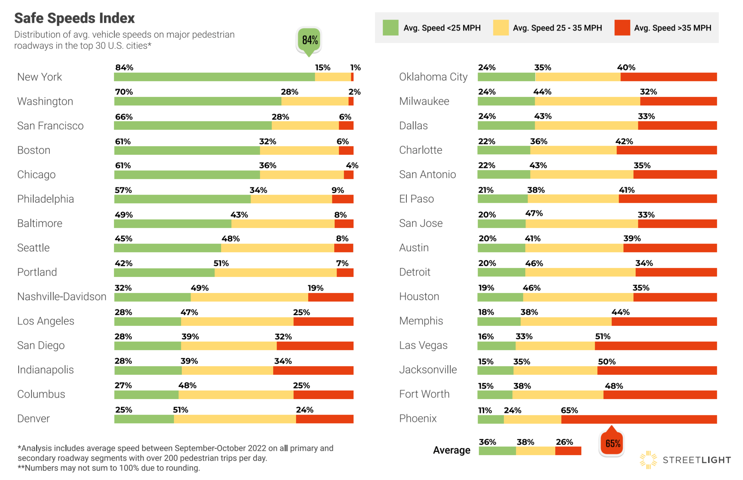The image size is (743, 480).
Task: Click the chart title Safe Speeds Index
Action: point(74,18)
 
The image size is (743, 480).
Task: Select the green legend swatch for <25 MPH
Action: point(390,27)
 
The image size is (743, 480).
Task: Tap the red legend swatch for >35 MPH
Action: point(622,27)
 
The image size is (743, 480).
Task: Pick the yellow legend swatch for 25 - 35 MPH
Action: point(500,27)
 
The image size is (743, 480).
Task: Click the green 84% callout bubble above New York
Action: point(309,40)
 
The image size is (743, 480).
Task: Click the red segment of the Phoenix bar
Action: point(639,419)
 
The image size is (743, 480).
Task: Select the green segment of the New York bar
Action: point(214,77)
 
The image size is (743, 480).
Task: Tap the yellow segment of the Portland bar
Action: point(275,272)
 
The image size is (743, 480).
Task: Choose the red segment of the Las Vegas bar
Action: point(656,345)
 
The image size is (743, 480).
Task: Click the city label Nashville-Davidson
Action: point(62,296)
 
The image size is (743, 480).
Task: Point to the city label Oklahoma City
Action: point(433,77)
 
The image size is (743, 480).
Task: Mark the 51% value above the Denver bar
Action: point(181,410)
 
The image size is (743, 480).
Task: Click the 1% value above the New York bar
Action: point(355,68)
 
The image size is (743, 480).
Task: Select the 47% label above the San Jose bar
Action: point(534,213)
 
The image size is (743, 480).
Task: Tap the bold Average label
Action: point(451,450)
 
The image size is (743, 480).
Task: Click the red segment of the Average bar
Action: point(568,451)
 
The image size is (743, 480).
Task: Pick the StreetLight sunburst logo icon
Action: point(648,459)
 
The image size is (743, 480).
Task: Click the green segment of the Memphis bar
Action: point(499,321)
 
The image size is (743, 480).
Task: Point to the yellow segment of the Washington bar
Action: point(315,101)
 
